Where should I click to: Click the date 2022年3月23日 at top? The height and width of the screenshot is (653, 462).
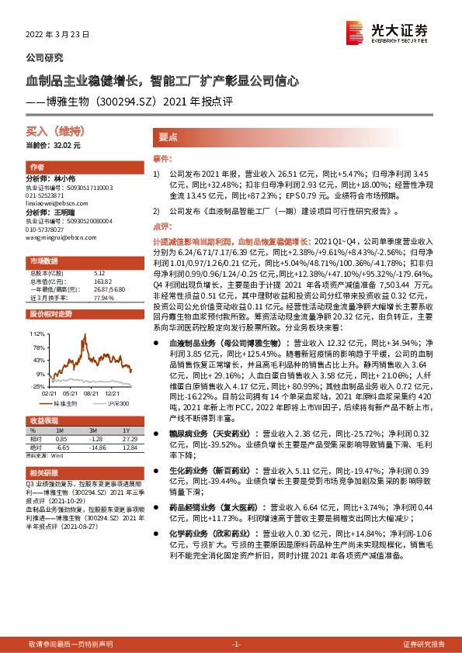pos(59,35)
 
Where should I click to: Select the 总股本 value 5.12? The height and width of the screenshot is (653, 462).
pos(98,273)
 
